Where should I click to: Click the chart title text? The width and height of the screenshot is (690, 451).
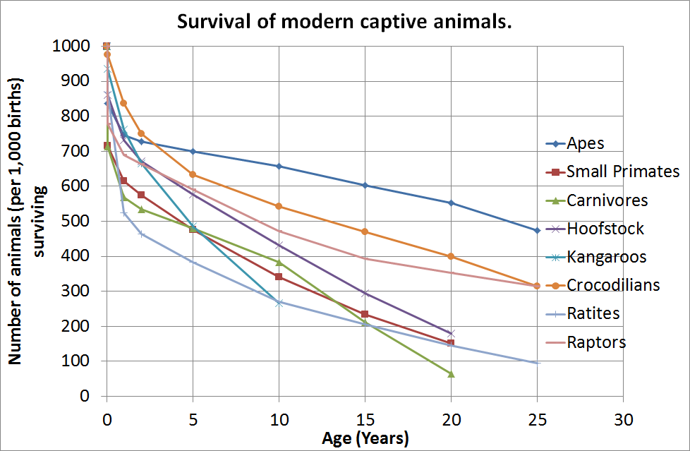tap(344, 21)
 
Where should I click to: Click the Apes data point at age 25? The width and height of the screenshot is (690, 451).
tap(537, 230)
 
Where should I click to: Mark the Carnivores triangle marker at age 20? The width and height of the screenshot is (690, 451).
tap(451, 373)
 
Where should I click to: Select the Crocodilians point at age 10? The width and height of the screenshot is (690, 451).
tap(279, 206)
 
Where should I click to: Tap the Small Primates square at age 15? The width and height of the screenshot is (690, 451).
tap(365, 314)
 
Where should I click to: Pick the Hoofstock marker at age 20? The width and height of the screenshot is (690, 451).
tap(451, 333)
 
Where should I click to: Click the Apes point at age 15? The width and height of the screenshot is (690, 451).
tap(365, 185)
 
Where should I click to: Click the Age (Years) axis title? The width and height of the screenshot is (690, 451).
tap(365, 439)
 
